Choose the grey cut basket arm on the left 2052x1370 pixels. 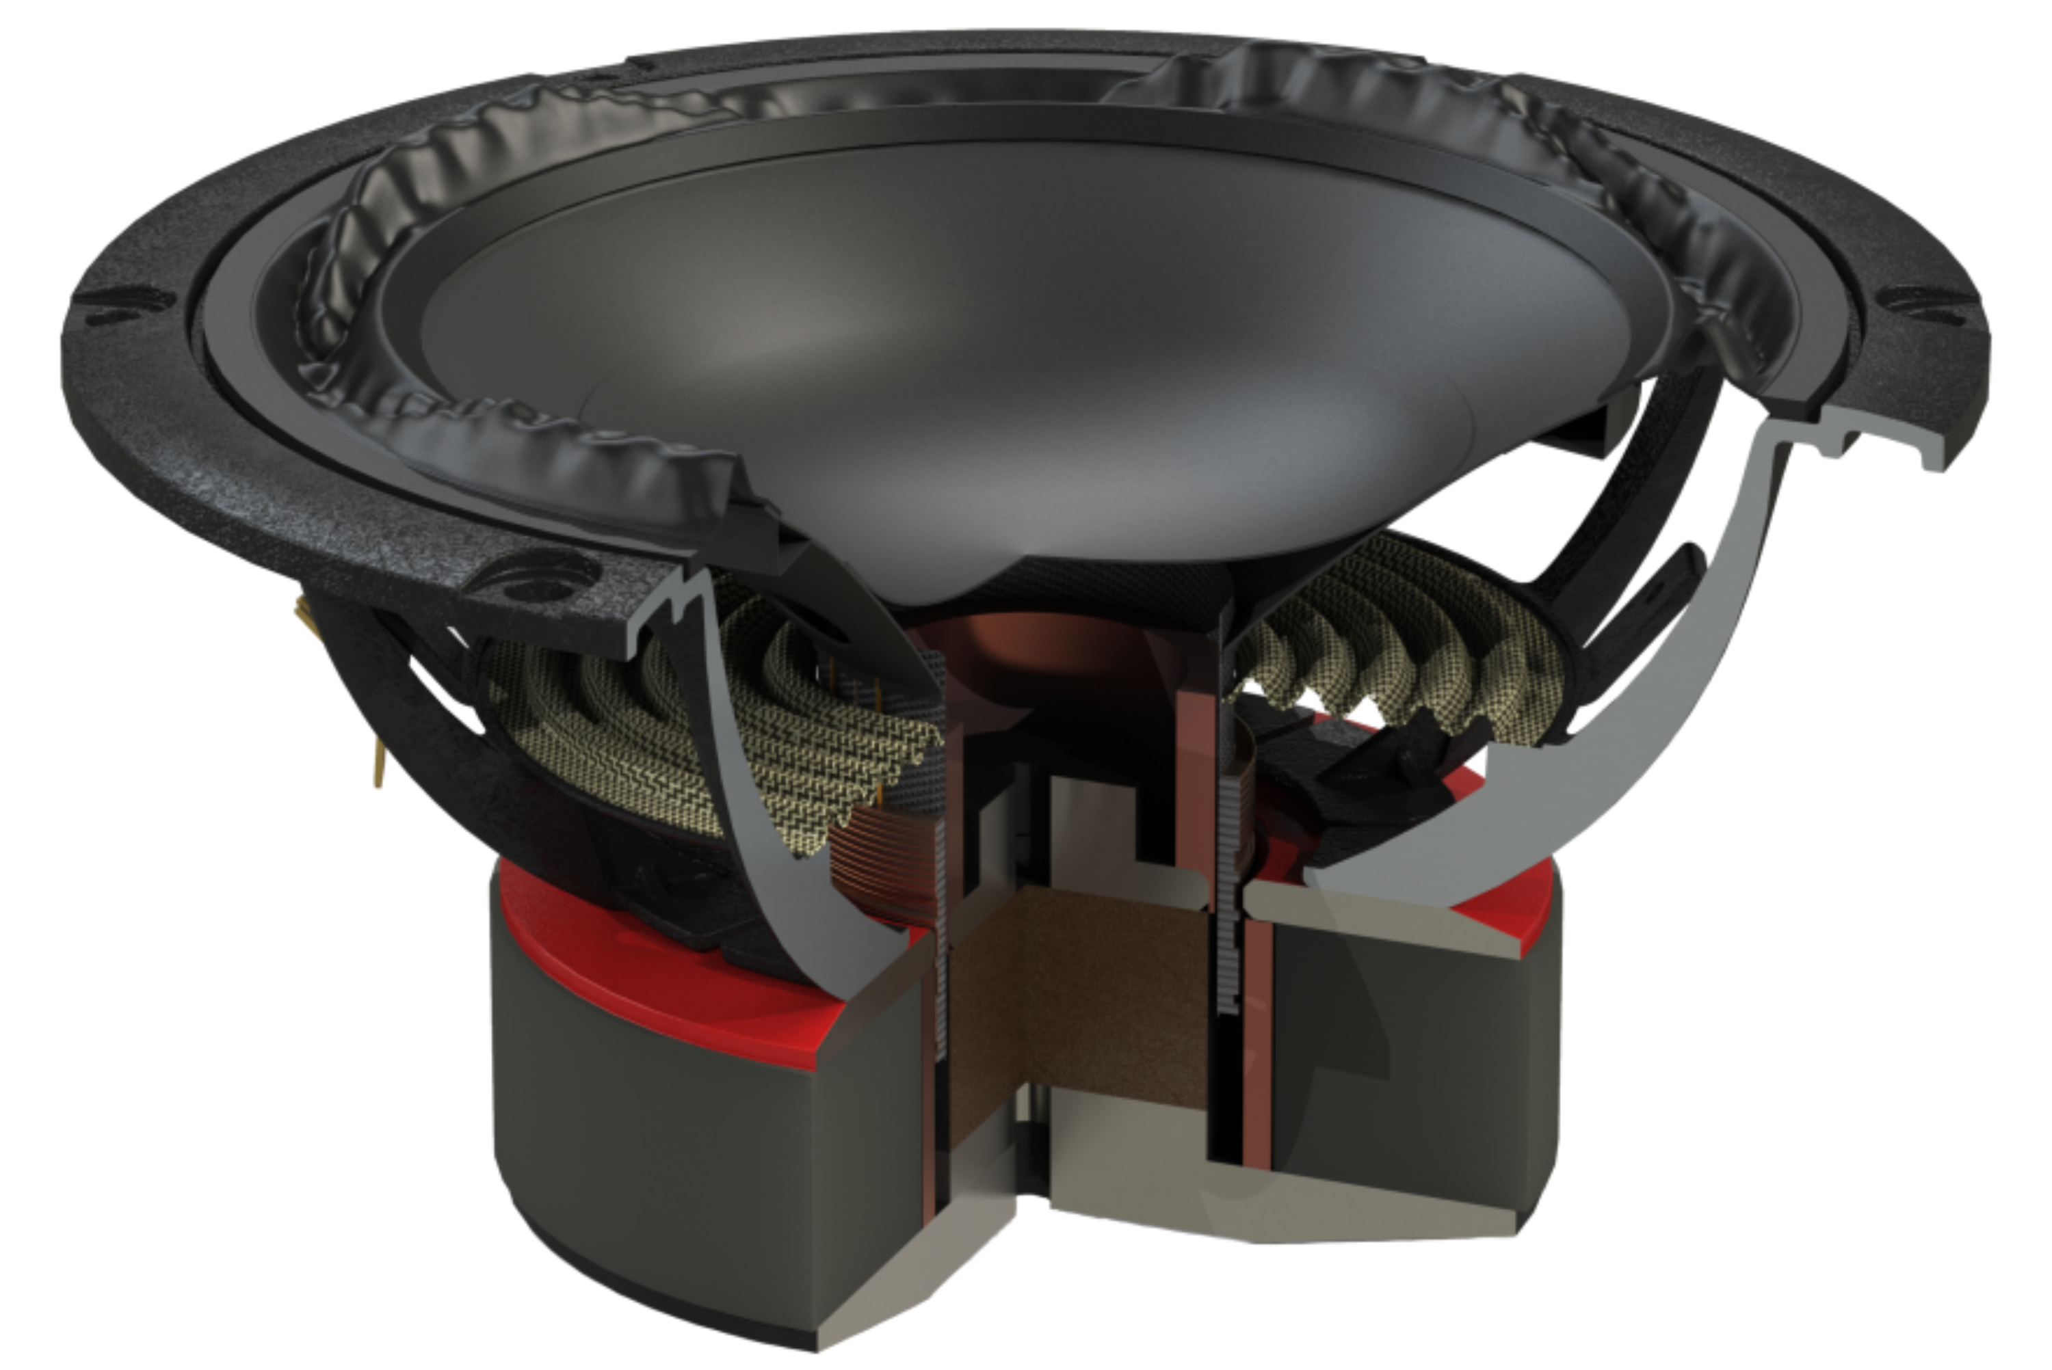click(x=769, y=769)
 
